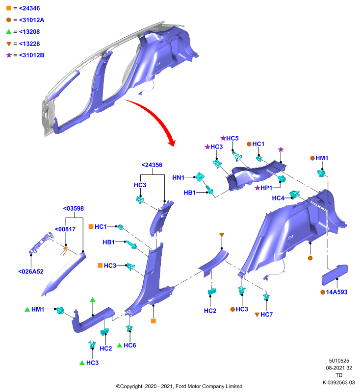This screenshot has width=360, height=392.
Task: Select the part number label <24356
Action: pos(152,165)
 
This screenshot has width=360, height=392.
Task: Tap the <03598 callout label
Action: pos(73,209)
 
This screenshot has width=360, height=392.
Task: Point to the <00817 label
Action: pos(65,229)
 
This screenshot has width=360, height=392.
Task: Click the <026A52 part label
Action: pos(31,271)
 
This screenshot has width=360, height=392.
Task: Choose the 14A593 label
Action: pos(336,292)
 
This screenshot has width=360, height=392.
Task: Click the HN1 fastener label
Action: pos(178,178)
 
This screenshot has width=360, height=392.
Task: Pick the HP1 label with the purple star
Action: pos(266,188)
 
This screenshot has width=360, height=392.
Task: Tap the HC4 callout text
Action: pos(278,198)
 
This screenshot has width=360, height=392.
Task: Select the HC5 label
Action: pos(232,138)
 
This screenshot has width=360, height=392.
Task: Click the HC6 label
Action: pos(130,345)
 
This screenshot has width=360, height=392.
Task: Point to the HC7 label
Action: pos(267,315)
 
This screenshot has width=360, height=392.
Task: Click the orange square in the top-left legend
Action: pos(9,8)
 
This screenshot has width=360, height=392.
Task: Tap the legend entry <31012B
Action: pos(32,55)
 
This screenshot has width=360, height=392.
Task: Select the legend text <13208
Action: pos(29,32)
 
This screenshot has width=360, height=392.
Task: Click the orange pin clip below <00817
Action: pos(64,251)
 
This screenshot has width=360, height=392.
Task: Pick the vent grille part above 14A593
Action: pos(334,274)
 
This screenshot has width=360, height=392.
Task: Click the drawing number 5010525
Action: pos(339,361)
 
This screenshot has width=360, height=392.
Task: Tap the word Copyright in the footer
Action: pos(132,386)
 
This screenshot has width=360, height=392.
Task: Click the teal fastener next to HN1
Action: pos(200,177)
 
